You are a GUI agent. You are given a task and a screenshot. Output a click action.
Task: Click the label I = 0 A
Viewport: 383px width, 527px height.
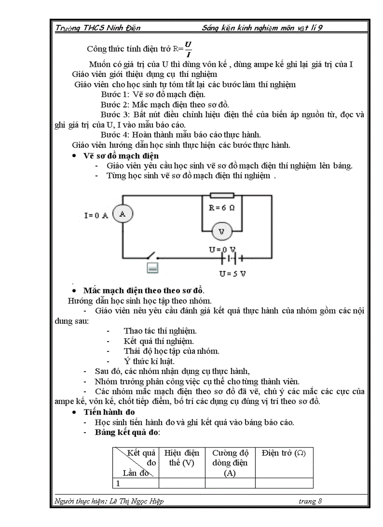(x=96, y=215)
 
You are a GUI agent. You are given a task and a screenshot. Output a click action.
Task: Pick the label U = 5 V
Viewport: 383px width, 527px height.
(x=232, y=274)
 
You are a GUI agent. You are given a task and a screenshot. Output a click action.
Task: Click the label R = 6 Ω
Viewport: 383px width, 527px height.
(x=222, y=207)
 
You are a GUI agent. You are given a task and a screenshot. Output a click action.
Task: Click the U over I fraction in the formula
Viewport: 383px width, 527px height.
(x=188, y=48)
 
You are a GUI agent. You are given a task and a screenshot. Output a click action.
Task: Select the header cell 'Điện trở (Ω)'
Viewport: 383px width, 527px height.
(x=284, y=453)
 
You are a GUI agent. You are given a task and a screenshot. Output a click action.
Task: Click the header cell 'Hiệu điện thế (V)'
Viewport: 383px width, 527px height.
(x=182, y=458)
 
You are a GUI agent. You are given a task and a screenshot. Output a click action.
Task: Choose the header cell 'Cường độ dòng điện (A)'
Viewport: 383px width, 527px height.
(x=230, y=463)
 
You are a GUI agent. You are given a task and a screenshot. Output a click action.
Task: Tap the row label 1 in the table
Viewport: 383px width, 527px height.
(x=118, y=483)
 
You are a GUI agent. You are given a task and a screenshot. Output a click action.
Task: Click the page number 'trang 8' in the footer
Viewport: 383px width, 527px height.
(x=310, y=501)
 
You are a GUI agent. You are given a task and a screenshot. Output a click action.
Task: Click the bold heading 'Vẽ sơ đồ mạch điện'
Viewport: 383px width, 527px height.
(x=121, y=155)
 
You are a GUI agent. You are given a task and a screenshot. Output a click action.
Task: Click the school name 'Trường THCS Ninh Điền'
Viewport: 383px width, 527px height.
(x=98, y=28)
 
